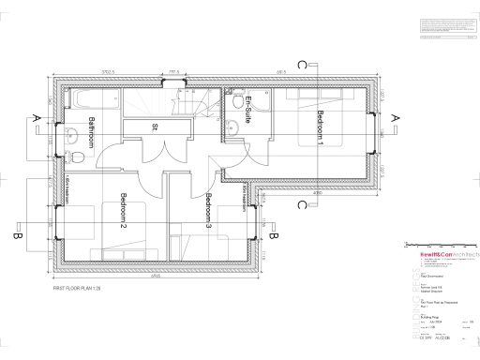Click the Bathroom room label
92,133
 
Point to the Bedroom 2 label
121,211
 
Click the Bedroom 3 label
208,211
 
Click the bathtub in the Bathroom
95,99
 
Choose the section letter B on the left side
18,237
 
